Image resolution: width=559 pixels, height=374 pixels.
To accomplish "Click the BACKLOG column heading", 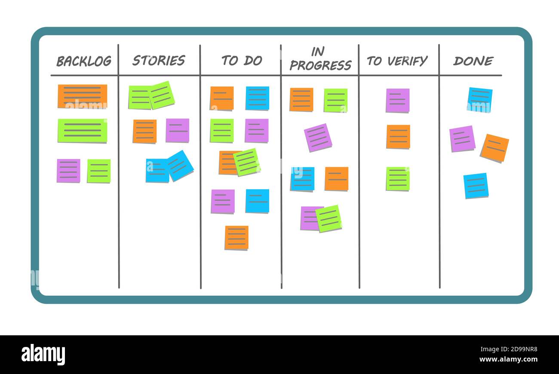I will [x=84, y=61].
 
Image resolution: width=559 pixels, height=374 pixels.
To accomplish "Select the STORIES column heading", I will [x=159, y=61].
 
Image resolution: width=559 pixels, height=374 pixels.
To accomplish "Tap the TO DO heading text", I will [x=242, y=61].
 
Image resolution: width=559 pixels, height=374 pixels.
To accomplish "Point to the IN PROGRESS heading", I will [x=320, y=59].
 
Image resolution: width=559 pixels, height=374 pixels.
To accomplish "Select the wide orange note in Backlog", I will [x=83, y=96].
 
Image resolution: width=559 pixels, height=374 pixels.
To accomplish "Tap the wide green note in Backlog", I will [x=83, y=130].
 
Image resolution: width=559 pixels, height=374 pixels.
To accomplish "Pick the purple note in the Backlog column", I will [x=68, y=171].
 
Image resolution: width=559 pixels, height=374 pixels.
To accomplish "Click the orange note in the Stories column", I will [x=144, y=131].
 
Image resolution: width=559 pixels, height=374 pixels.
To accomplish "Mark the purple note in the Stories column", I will [x=178, y=130].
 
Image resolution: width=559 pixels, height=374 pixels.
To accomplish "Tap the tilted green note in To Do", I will [x=247, y=162].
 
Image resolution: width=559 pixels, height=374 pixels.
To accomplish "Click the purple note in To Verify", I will [x=397, y=100].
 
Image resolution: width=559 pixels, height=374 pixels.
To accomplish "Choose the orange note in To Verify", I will [x=398, y=137].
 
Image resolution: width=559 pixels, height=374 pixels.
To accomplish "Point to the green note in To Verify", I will [x=398, y=178].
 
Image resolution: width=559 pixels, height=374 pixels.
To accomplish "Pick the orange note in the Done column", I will [x=494, y=148].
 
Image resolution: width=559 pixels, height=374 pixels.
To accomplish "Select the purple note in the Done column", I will [x=462, y=138].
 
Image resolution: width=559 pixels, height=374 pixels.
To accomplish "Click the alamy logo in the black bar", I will [x=43, y=355].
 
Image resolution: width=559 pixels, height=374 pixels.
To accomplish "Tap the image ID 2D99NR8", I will [x=516, y=349].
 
